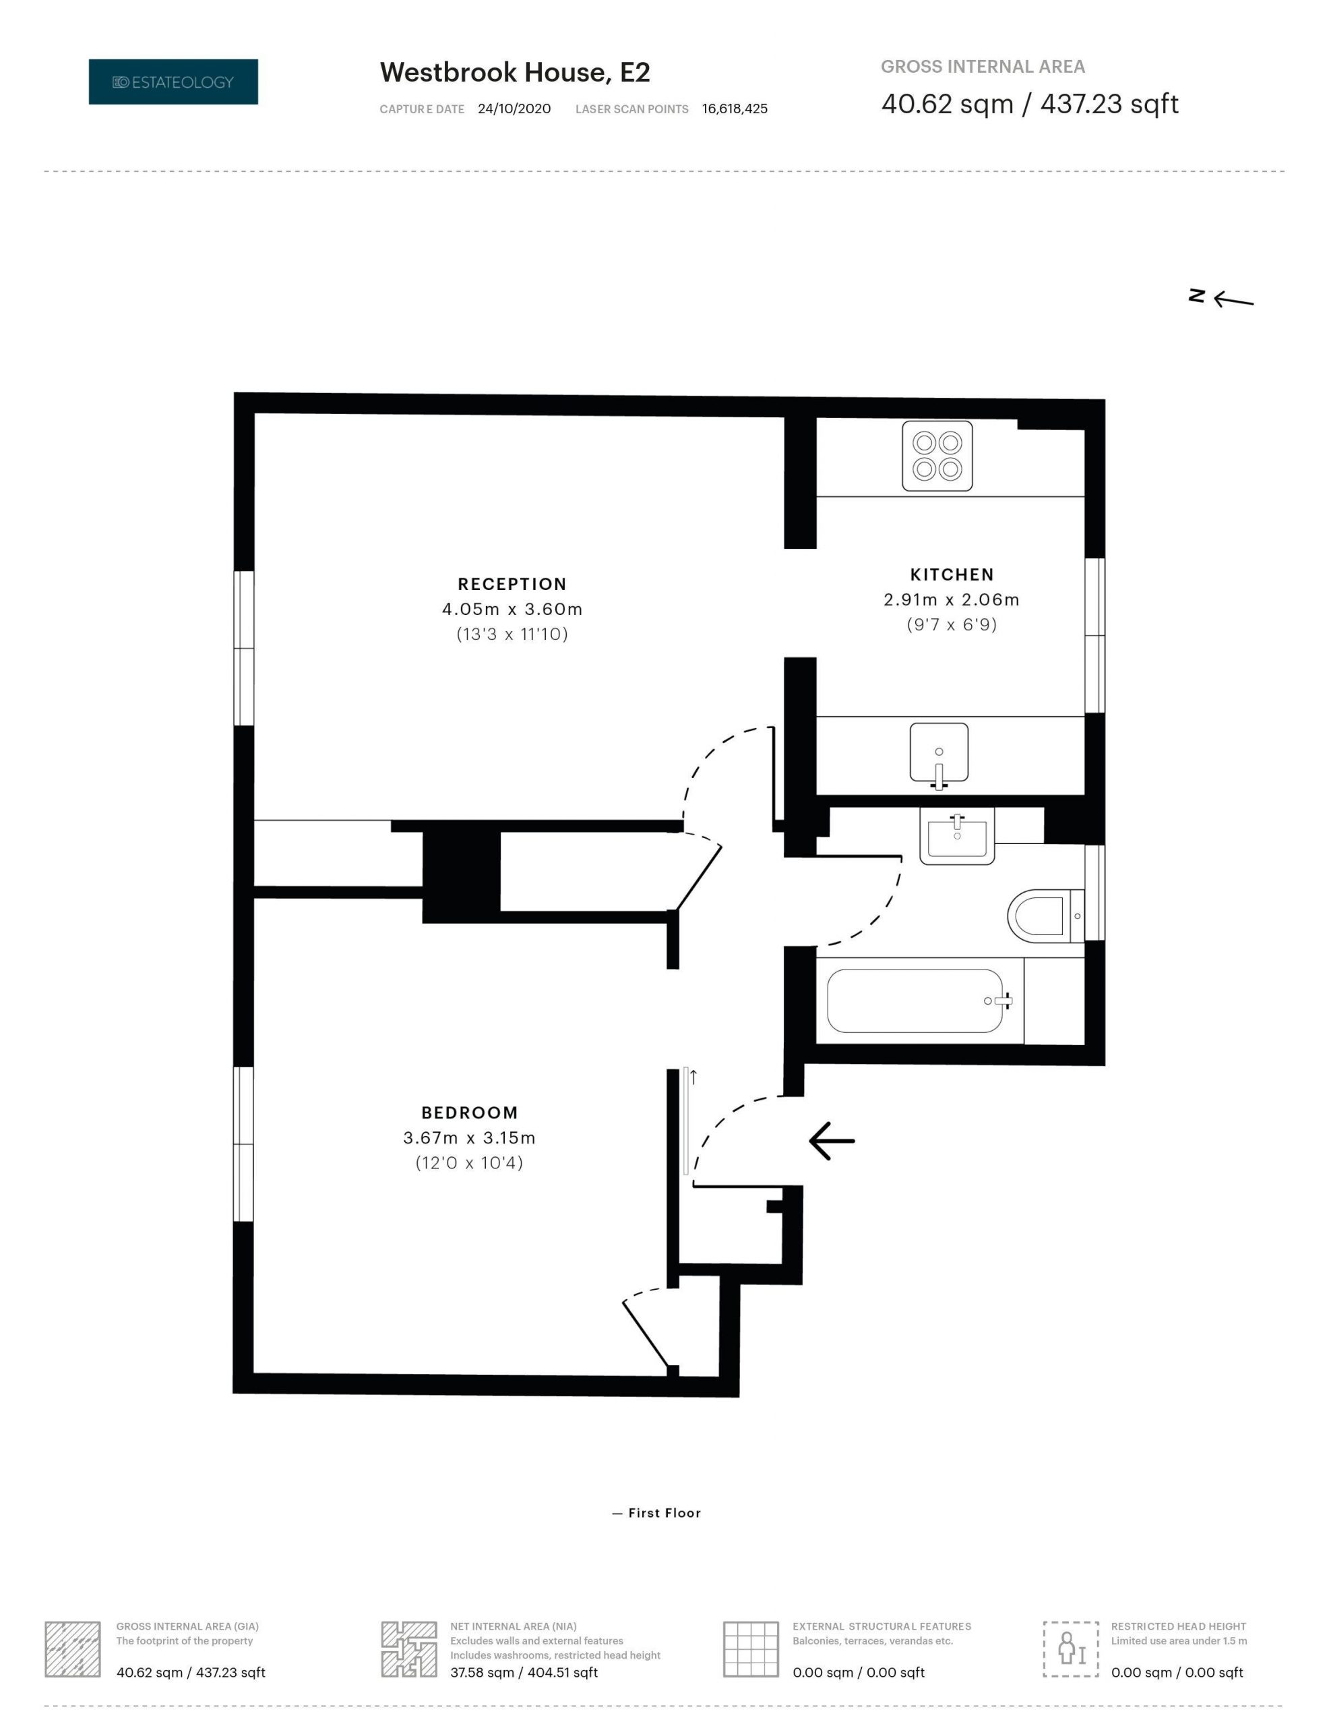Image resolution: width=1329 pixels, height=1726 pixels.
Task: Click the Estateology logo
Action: click(x=173, y=82)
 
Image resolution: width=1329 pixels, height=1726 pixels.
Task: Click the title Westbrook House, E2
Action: click(x=514, y=73)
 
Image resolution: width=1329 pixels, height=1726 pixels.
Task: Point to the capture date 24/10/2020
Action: click(x=514, y=109)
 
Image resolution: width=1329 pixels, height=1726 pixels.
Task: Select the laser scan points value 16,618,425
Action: click(x=735, y=109)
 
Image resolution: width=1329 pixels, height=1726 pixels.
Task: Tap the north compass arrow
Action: click(x=1233, y=299)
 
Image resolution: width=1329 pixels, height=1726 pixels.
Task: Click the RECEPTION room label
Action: click(x=512, y=584)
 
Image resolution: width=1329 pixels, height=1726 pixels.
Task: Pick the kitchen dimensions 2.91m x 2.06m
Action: click(x=952, y=600)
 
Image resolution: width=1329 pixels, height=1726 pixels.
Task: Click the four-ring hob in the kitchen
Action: click(x=937, y=455)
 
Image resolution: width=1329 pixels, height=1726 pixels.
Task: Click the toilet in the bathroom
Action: click(x=1045, y=916)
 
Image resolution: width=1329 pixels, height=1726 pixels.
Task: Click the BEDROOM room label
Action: click(x=469, y=1112)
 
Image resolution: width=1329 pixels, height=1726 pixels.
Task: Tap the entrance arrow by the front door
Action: click(x=831, y=1140)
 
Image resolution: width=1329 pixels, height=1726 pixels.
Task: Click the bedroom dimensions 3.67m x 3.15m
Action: click(x=469, y=1138)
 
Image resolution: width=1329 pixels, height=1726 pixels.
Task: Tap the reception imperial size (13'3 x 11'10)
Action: click(x=512, y=634)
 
